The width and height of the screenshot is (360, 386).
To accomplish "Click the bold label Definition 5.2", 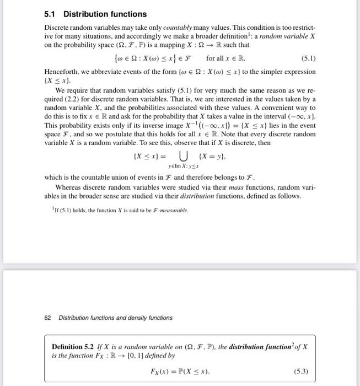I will coord(73,346).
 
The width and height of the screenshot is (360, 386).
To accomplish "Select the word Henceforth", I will coord(63,72).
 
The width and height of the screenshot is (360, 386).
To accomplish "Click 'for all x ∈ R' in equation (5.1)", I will coord(225,57).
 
